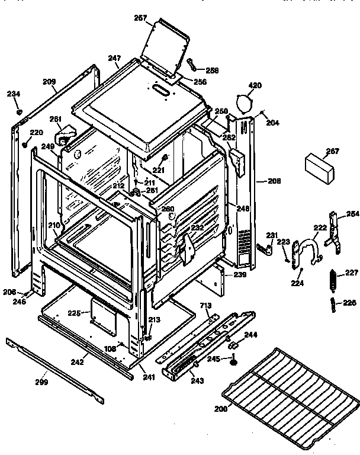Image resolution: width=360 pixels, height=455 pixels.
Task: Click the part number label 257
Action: click(140, 18)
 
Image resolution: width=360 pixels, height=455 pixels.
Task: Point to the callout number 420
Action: click(254, 85)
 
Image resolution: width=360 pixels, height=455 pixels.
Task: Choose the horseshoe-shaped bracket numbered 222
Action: click(308, 249)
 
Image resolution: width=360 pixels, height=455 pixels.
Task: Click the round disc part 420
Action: click(243, 102)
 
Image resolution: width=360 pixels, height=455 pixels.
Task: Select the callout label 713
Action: click(205, 306)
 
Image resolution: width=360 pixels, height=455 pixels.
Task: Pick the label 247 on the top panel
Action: click(114, 58)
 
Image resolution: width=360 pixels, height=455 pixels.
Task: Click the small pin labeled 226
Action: click(333, 306)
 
